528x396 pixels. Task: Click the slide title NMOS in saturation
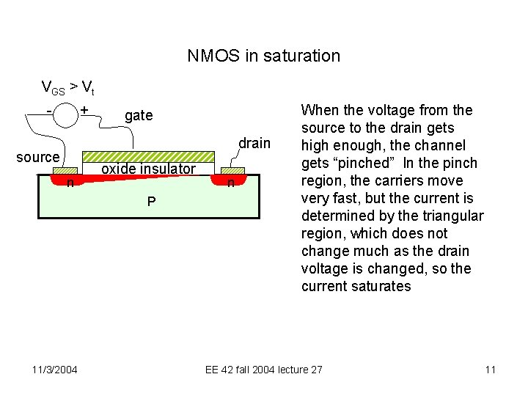[263, 56]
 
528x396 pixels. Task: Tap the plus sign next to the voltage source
[84, 110]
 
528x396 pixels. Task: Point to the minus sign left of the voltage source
[48, 111]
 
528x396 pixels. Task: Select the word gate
[139, 115]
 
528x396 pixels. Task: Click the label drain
[254, 143]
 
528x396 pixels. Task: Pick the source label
[37, 157]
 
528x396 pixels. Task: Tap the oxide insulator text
[148, 169]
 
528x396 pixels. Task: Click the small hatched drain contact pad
[233, 171]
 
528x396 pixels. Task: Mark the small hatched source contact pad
[65, 171]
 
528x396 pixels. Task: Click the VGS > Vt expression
[67, 89]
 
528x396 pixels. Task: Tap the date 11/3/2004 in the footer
[55, 370]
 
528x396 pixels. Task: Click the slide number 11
[491, 370]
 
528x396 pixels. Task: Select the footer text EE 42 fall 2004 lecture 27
[263, 370]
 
